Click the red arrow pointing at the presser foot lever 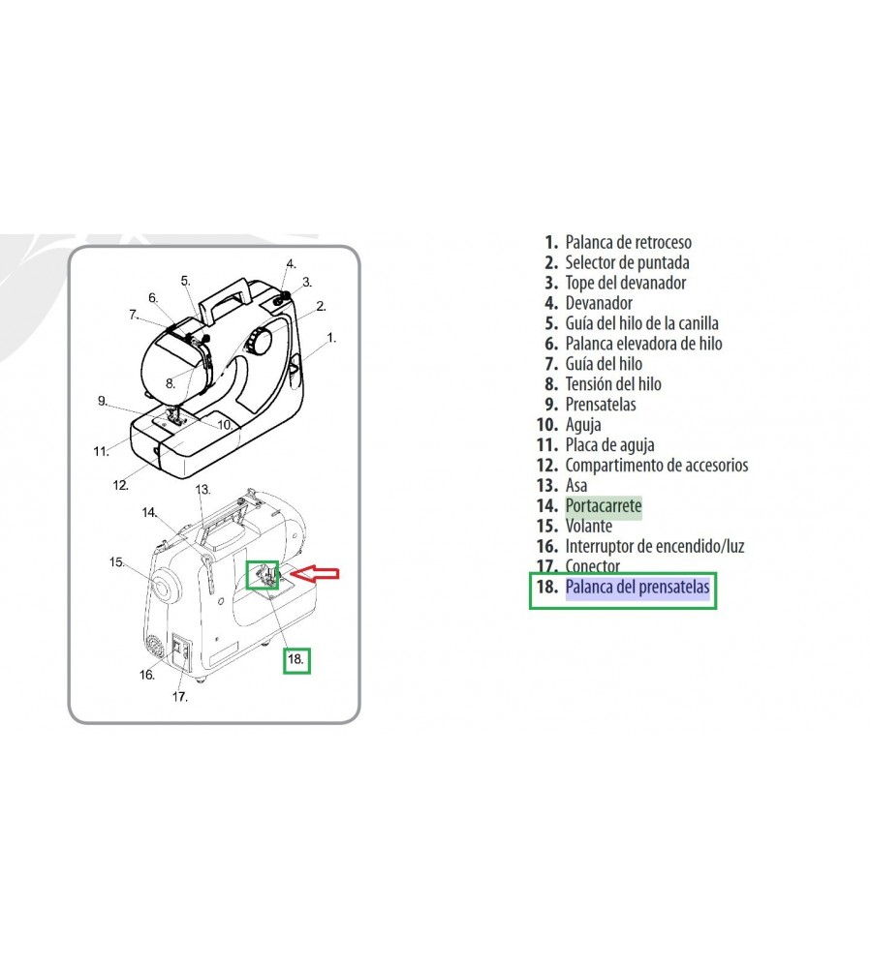315,573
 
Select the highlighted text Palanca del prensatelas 637,587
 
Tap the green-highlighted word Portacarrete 603,505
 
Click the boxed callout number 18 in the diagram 295,659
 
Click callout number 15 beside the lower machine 117,562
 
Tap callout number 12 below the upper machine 120,485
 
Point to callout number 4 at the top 291,264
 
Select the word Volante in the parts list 588,526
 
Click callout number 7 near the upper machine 133,315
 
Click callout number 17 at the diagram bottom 180,696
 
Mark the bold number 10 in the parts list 547,425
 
